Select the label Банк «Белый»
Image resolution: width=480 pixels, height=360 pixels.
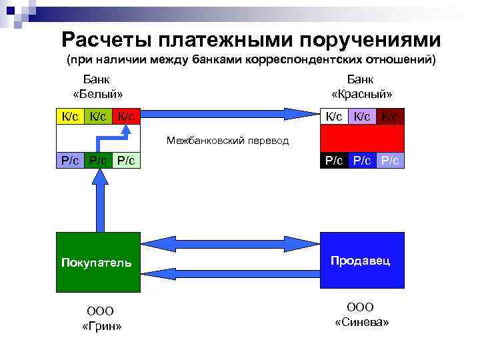tap(97, 87)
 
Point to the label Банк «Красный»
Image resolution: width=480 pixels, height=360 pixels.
tap(361, 87)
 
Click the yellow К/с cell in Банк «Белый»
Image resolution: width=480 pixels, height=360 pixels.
tap(70, 117)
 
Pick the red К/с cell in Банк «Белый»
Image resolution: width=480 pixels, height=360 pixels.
tap(126, 117)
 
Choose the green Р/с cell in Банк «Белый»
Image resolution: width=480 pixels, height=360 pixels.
tap(98, 161)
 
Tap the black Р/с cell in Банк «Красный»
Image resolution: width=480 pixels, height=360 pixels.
tap(334, 161)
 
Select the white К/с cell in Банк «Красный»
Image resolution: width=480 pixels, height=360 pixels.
tap(334, 117)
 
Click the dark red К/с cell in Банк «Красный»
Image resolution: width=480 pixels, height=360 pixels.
tap(391, 117)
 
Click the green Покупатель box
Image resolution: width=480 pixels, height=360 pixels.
tap(98, 262)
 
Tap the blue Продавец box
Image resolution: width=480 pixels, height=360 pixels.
tap(363, 260)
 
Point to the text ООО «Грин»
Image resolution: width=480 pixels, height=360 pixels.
tap(101, 318)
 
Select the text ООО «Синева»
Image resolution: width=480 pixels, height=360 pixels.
tap(361, 314)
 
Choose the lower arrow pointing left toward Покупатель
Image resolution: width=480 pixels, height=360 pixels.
tap(230, 270)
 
